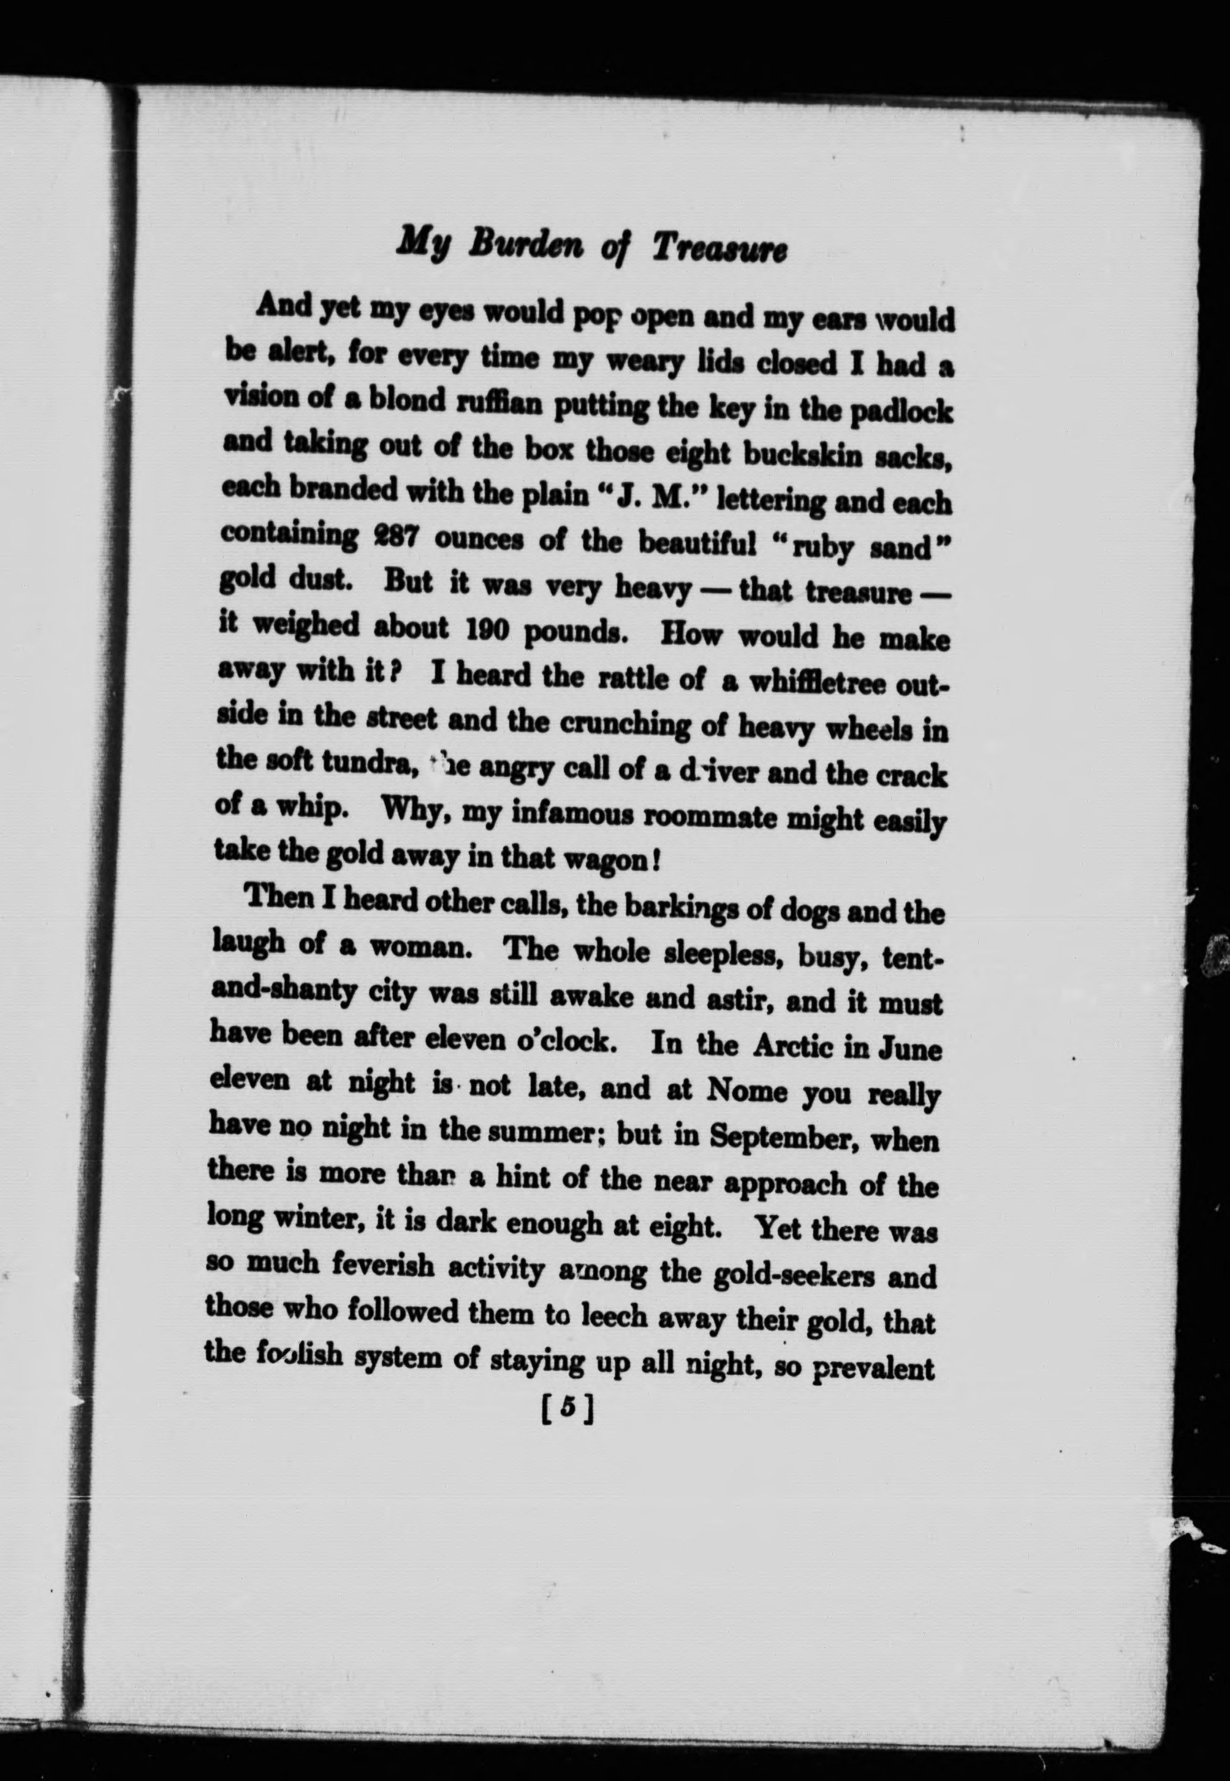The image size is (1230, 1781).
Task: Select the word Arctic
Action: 793,1044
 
